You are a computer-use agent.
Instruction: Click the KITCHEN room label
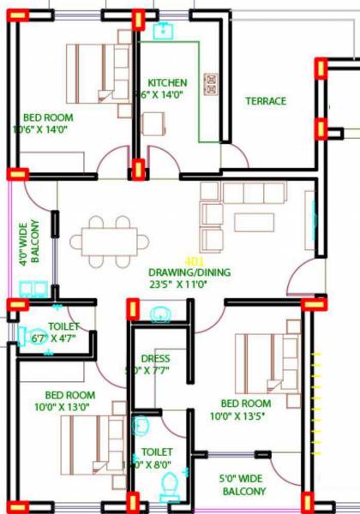(x=166, y=83)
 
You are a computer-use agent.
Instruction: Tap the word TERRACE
(x=266, y=101)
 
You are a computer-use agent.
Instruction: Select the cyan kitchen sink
(x=163, y=32)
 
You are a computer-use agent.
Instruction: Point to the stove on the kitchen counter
(x=210, y=83)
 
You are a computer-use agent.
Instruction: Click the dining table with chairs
(x=109, y=240)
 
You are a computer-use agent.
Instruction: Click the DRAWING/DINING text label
(x=185, y=272)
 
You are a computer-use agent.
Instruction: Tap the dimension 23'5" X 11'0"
(x=185, y=285)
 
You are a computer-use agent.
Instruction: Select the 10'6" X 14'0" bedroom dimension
(x=40, y=129)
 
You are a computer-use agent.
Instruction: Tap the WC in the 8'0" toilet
(x=169, y=489)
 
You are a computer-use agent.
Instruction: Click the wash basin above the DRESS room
(x=160, y=317)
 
